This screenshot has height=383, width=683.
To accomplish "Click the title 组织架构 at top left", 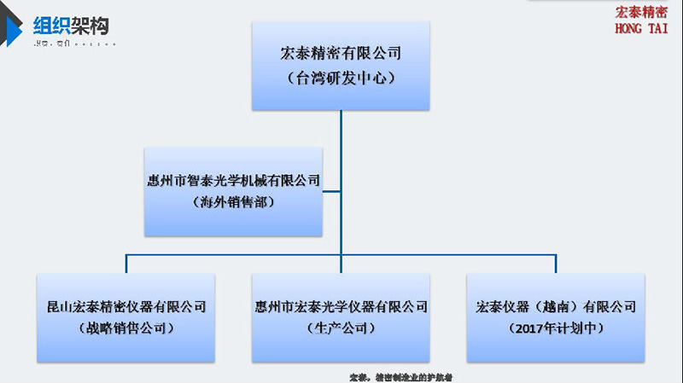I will tap(71, 26).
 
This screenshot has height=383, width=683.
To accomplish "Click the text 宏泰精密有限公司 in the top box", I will tap(341, 53).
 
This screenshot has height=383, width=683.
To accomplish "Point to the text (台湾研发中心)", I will tap(341, 78).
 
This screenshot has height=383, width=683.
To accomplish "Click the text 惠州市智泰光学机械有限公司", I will tap(233, 180).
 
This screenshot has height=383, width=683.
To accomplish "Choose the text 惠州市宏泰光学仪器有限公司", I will tap(341, 305).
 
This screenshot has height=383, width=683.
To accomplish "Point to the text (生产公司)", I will tap(341, 328).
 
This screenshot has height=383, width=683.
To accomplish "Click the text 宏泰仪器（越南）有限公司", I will tap(556, 305).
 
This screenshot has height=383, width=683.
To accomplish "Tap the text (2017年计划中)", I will tap(556, 328).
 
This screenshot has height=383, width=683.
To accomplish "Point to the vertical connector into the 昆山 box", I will tap(126, 264).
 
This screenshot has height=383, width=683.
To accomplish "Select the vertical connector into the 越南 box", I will tap(556, 264).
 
